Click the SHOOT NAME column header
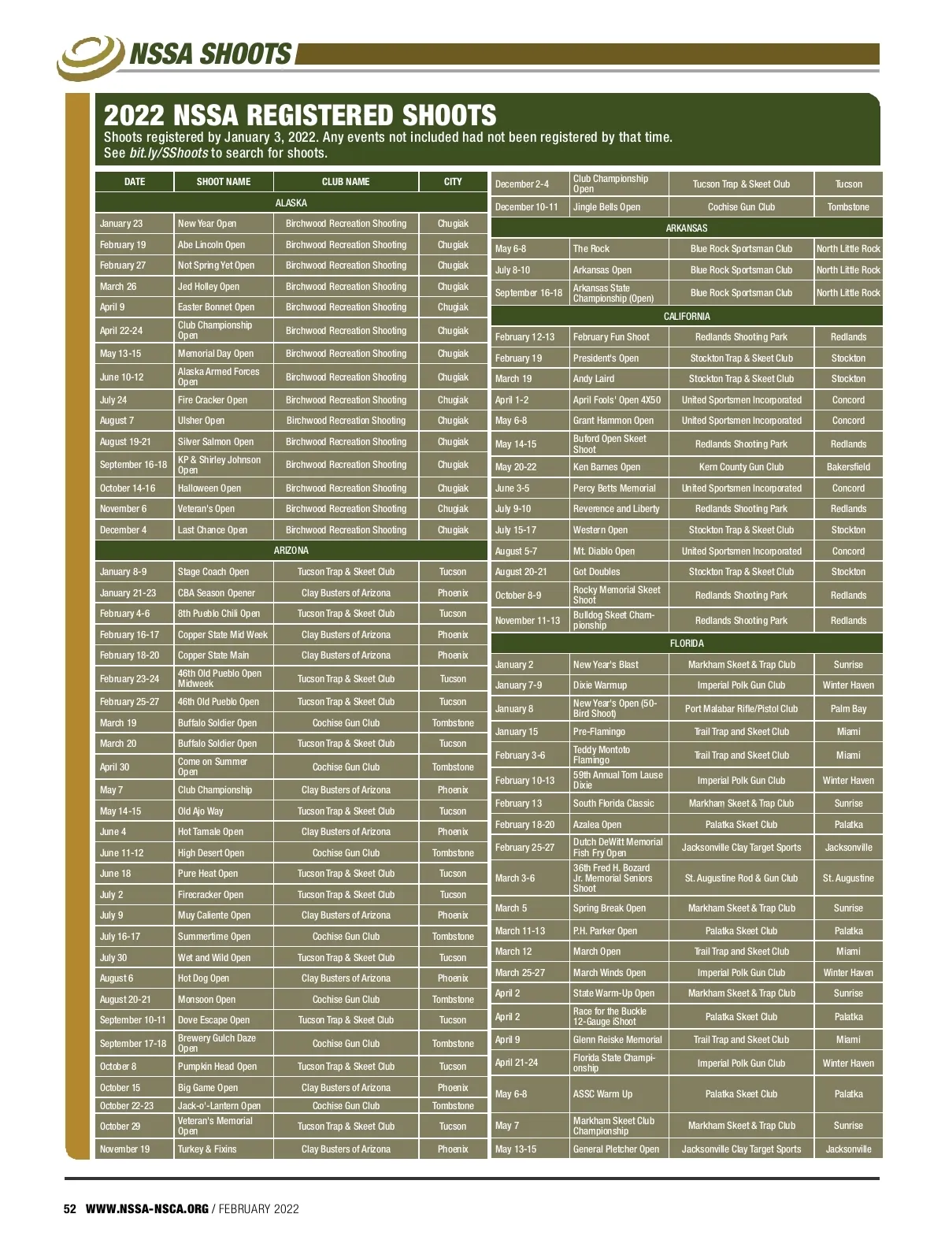pos(224,182)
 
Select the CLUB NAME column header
pos(346,182)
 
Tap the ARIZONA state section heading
pos(291,551)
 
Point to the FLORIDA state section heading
pos(687,644)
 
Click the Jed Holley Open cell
pos(209,287)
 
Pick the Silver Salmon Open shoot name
pos(216,442)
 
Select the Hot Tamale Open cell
pos(210,832)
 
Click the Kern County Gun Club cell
pos(741,467)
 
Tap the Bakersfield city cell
pos(848,467)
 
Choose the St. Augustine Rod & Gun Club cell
pos(741,878)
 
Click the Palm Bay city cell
pos(848,709)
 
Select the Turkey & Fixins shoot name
pos(207,1149)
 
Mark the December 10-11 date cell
pos(527,207)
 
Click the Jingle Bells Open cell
pos(606,207)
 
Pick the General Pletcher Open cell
pos(616,1149)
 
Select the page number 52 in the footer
pos(70,1209)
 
